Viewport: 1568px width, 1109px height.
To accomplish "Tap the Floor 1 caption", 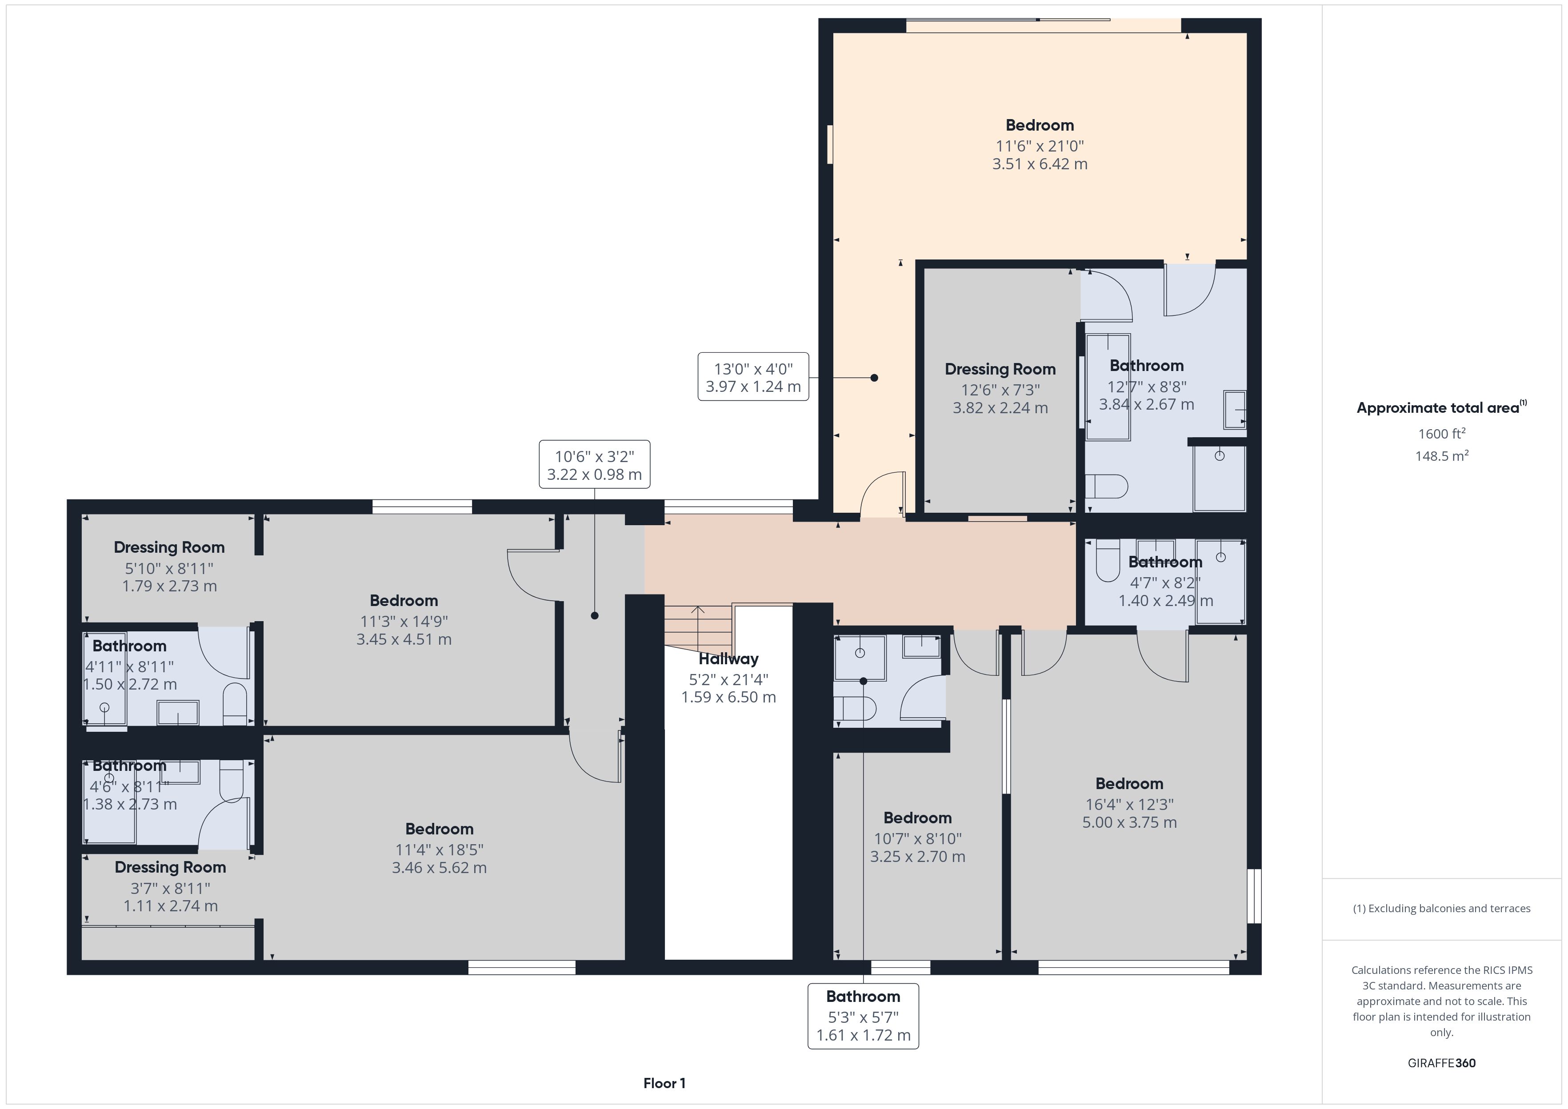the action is click(x=664, y=1083).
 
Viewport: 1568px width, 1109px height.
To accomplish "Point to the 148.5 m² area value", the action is click(x=1442, y=455).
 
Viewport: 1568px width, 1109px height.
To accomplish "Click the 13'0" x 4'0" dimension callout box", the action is click(x=753, y=377).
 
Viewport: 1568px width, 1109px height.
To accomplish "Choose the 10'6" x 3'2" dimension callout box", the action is click(x=594, y=464).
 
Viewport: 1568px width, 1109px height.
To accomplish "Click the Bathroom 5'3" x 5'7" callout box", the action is click(x=863, y=1016).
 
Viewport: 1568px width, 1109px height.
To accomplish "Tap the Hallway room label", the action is click(x=728, y=659).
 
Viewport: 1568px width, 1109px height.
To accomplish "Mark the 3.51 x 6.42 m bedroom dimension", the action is click(x=1040, y=164).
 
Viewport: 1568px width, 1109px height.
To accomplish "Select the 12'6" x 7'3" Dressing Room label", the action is click(x=1000, y=369).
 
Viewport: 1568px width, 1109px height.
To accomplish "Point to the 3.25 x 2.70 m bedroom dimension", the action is click(x=917, y=856).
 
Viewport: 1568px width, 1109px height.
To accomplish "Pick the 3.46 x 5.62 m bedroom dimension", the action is click(x=439, y=867).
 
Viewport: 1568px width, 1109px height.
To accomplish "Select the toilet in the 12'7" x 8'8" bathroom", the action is click(x=1106, y=486).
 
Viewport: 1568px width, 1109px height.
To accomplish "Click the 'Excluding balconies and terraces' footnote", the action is click(x=1442, y=908).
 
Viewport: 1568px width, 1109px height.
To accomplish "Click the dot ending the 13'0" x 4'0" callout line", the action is click(x=874, y=378).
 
